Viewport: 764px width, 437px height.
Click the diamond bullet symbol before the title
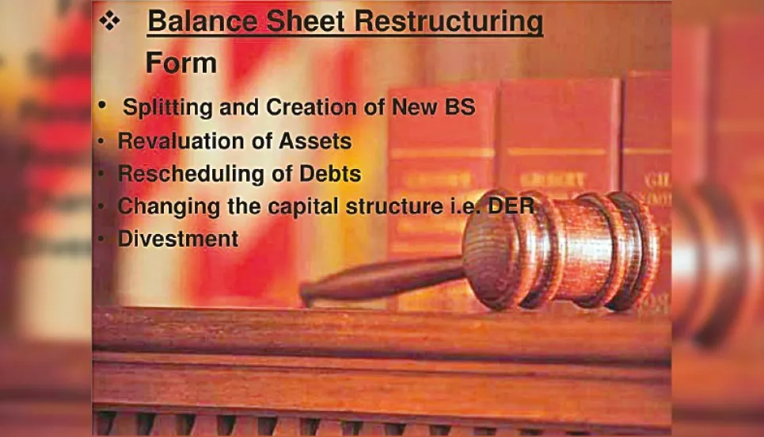(x=110, y=21)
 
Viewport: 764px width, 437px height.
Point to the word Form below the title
(x=181, y=63)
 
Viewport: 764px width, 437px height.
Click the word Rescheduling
(x=183, y=174)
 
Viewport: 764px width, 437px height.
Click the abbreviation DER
(x=513, y=206)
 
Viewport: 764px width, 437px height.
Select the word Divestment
(x=178, y=238)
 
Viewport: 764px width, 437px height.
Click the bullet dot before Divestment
(x=101, y=238)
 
